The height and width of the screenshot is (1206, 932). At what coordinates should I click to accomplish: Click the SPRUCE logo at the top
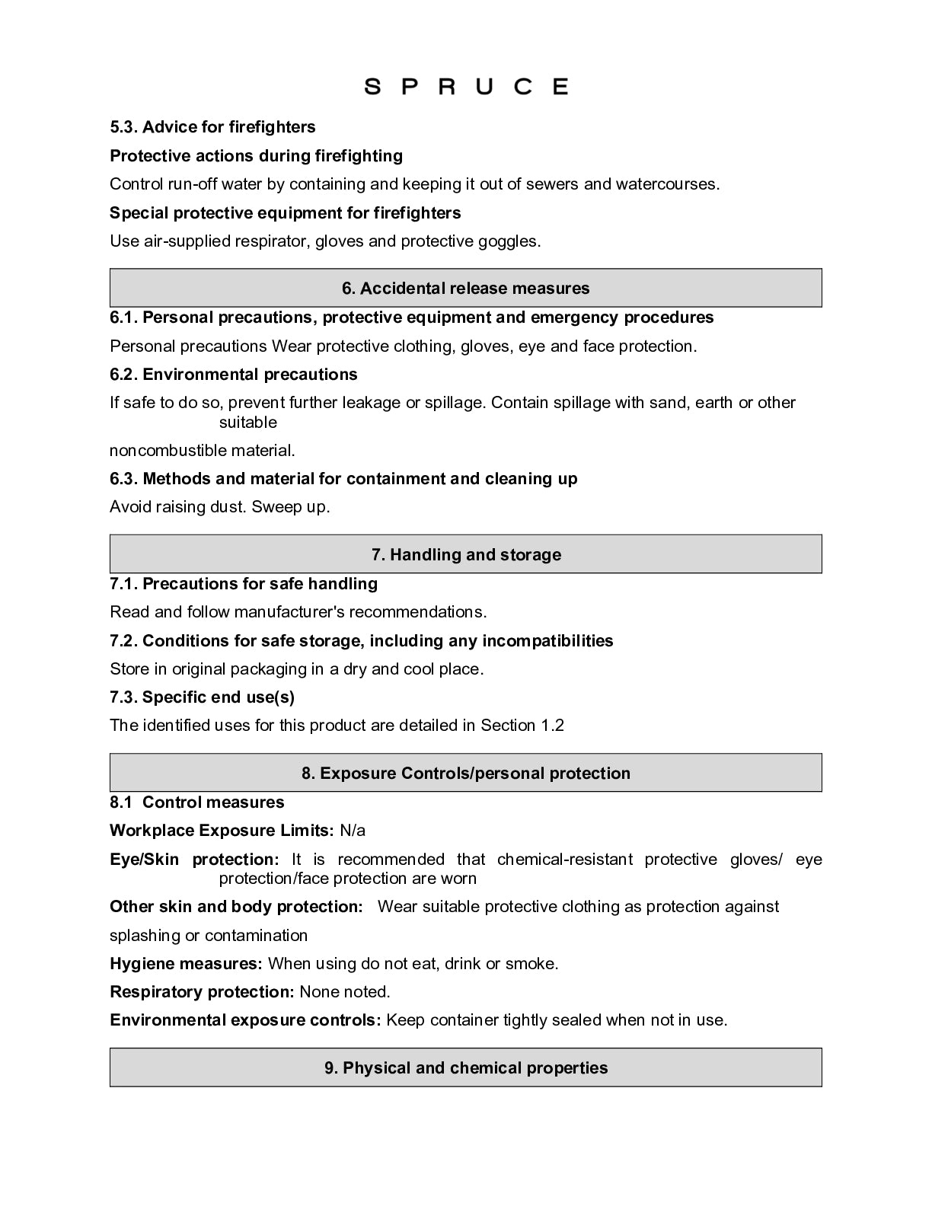point(466,86)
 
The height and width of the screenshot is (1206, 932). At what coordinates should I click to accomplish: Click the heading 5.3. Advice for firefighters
point(212,127)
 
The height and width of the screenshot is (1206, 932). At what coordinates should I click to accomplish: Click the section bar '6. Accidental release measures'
point(465,289)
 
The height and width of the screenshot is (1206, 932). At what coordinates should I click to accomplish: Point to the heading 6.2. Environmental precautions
point(233,375)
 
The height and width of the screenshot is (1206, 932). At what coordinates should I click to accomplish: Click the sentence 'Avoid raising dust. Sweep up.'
point(219,507)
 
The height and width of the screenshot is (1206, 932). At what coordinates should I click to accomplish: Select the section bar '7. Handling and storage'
point(465,555)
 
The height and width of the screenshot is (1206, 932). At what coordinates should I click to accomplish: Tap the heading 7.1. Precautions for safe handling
point(243,584)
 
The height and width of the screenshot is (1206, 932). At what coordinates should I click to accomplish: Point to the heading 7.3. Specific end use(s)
point(202,697)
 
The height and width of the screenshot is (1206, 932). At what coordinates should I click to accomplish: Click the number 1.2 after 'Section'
point(553,726)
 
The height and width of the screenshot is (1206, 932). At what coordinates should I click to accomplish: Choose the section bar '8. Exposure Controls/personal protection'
point(465,774)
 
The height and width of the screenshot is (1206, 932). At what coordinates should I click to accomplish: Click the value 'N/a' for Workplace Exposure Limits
point(353,831)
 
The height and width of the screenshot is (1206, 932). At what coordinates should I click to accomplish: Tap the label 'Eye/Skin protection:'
point(194,860)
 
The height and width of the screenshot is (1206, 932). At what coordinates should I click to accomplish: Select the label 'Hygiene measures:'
point(186,964)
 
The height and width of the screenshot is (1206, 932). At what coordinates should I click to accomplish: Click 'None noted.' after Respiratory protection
point(344,992)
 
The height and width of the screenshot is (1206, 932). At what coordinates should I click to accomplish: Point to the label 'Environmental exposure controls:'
point(245,1020)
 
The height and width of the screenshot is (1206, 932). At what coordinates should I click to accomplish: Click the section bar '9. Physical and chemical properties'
point(465,1068)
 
